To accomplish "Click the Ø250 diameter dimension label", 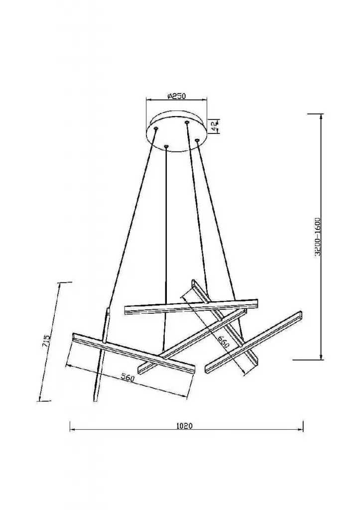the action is pyautogui.click(x=176, y=96).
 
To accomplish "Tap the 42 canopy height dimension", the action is pyautogui.click(x=215, y=125).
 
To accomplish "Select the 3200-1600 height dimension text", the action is pyautogui.click(x=318, y=238).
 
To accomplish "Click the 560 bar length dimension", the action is pyautogui.click(x=127, y=378).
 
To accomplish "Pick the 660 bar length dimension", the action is pyautogui.click(x=224, y=342).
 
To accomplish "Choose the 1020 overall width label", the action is pyautogui.click(x=185, y=426).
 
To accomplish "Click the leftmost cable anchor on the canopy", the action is pyautogui.click(x=156, y=129).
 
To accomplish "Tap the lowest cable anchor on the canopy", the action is pyautogui.click(x=166, y=147).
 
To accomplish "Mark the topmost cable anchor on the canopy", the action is pyautogui.click(x=187, y=123).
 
